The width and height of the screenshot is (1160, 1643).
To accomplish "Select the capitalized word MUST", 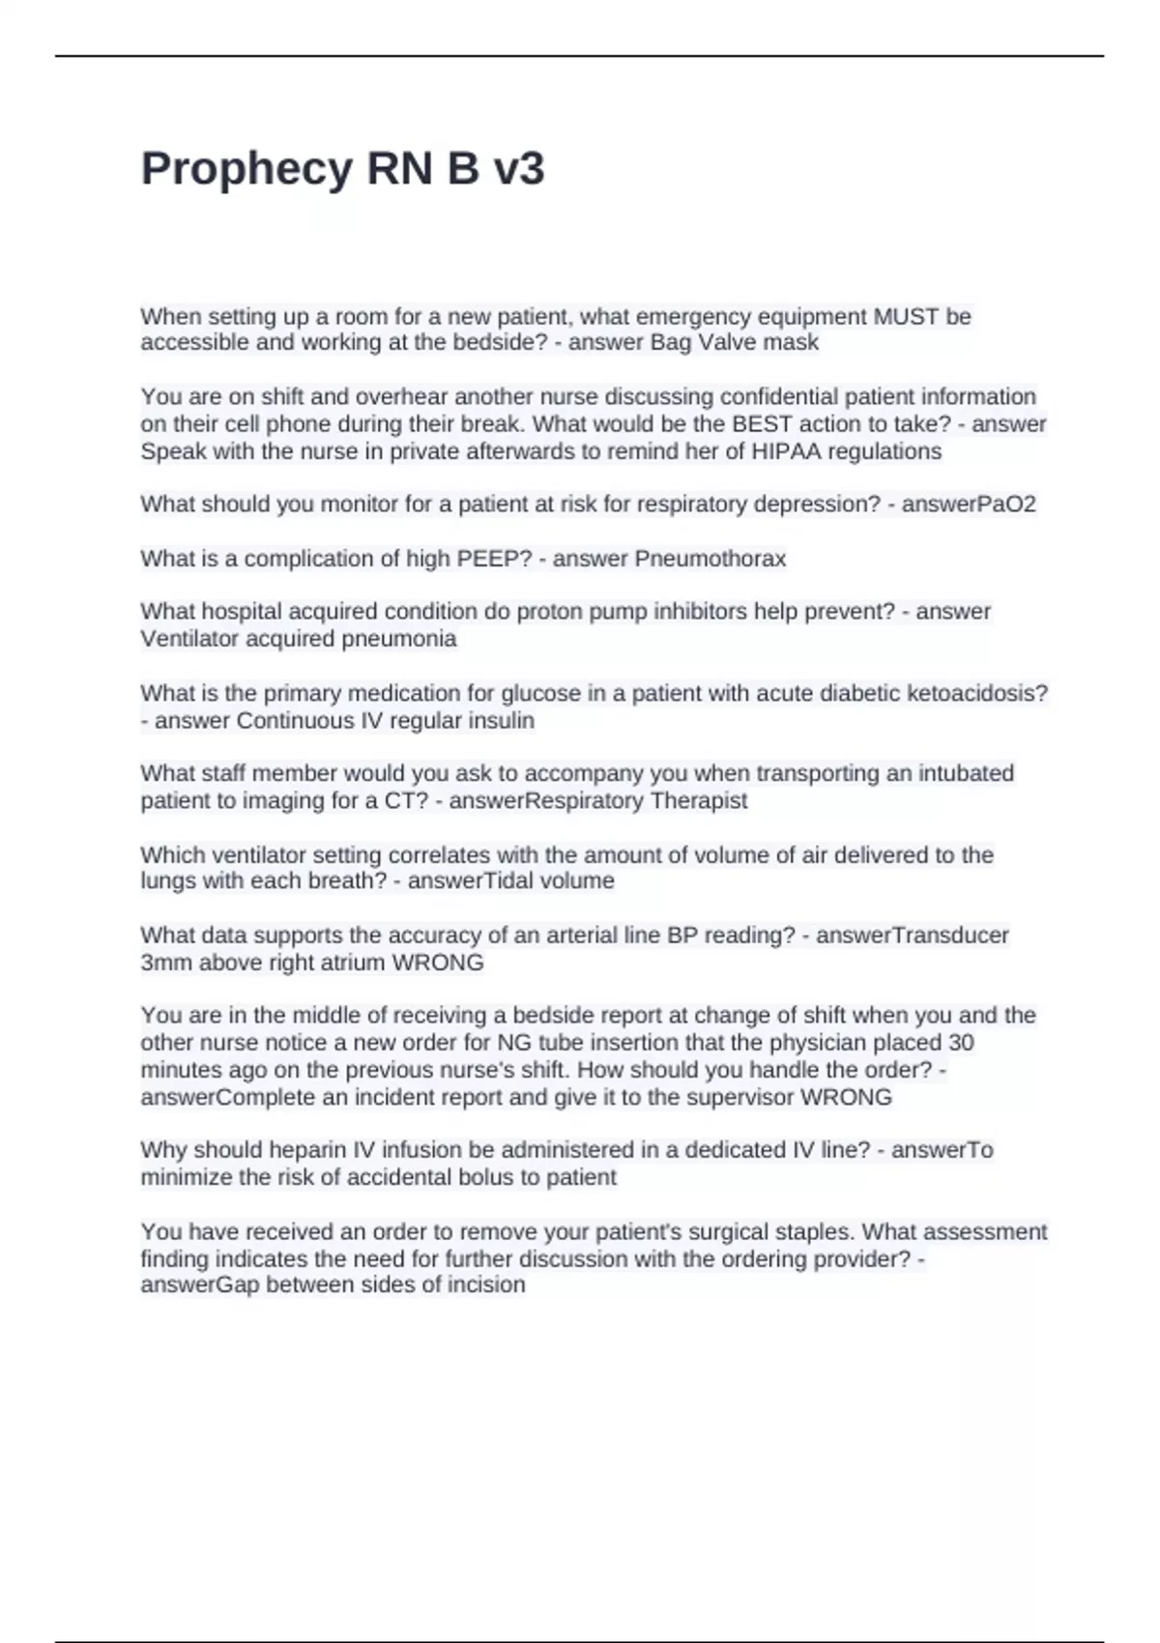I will (x=907, y=317).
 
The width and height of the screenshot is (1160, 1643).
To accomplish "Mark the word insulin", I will (x=503, y=721).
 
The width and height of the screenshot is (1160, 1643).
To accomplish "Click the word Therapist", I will (x=699, y=801).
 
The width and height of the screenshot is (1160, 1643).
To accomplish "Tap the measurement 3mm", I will (x=166, y=964).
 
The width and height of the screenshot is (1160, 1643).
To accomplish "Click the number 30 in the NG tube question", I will (x=961, y=1043).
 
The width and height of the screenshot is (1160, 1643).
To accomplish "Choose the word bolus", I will (x=478, y=1177).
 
